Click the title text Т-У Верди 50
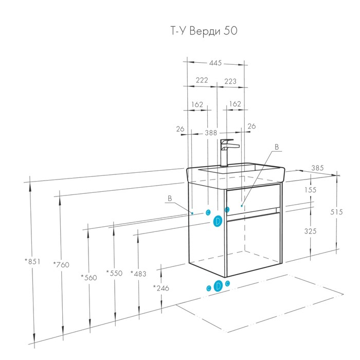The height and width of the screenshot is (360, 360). [204, 31]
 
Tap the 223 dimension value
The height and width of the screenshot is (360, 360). [230, 80]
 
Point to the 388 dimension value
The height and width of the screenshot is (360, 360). [211, 132]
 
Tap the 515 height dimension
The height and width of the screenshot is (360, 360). [337, 212]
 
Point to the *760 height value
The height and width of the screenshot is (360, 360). [62, 265]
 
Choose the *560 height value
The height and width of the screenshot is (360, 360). [89, 277]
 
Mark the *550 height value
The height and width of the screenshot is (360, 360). [114, 273]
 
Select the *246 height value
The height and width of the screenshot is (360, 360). [162, 287]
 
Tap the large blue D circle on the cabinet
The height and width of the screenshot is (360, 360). [218, 221]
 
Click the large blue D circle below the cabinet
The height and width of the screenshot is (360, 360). [218, 285]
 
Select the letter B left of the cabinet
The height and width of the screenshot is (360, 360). [170, 198]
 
